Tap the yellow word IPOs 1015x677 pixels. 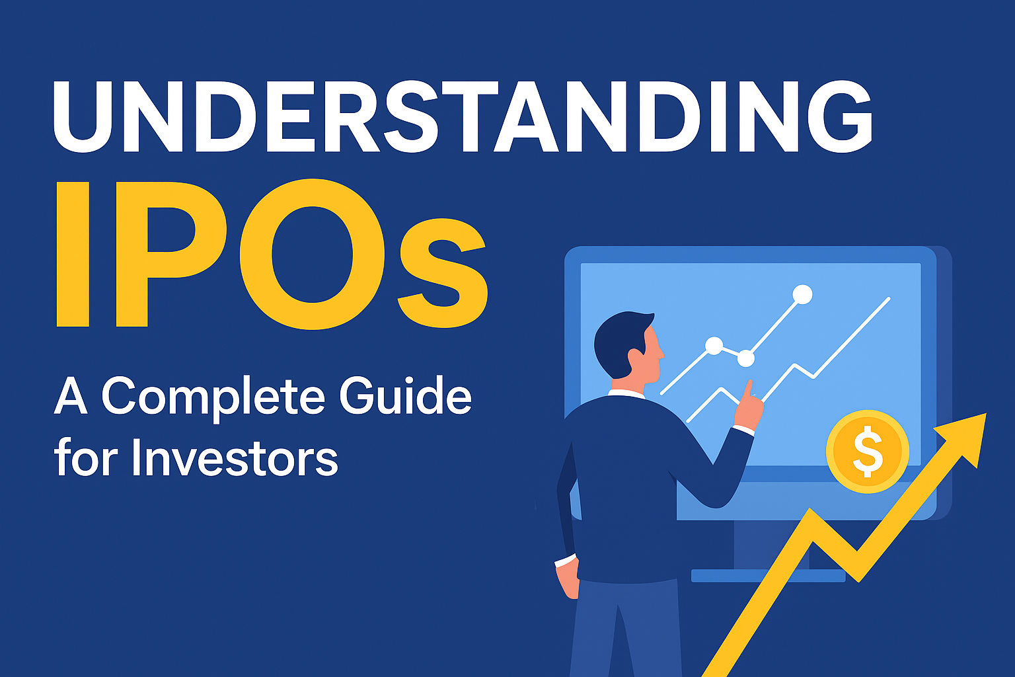[271, 255]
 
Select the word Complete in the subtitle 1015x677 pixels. [213, 397]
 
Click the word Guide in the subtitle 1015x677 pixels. [405, 397]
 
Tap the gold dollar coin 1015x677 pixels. [868, 452]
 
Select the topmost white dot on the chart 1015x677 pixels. [802, 294]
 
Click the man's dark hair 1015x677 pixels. [618, 340]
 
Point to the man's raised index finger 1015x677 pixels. [749, 390]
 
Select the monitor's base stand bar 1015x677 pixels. [768, 575]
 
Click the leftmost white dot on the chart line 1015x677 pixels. [714, 345]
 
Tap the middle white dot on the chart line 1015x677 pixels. [745, 358]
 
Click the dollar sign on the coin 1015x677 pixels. [868, 452]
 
